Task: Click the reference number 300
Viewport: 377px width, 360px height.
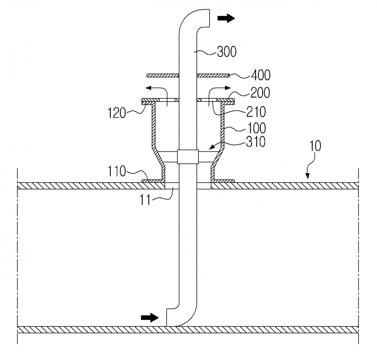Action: point(227,52)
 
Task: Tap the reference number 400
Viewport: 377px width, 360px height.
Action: point(261,75)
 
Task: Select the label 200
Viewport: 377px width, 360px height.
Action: point(260,93)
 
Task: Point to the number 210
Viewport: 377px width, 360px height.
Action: point(256,112)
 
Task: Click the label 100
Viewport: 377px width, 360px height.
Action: point(256,128)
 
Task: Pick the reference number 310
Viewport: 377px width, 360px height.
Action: point(256,142)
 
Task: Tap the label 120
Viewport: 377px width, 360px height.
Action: point(116,113)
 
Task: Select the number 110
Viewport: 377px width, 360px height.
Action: point(116,171)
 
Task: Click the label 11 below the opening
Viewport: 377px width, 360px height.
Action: point(145,200)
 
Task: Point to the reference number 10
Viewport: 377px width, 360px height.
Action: point(315,146)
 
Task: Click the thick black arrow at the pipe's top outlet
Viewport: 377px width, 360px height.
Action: point(226,18)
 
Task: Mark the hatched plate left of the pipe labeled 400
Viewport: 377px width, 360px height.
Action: point(163,76)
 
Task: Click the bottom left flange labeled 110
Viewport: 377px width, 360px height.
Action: point(152,181)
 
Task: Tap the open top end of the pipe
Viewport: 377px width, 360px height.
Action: point(210,18)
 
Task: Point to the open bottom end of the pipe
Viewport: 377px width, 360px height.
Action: point(167,317)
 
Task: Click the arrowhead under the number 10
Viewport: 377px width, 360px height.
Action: point(308,177)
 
